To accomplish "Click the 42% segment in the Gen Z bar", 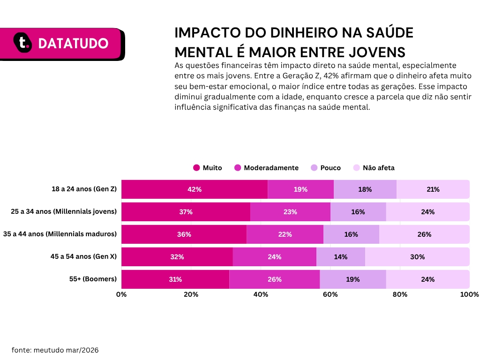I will click(195, 189).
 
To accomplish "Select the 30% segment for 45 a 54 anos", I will click(417, 257).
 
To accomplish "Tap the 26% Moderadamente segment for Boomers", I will click(274, 279).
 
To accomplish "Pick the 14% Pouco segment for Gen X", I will click(341, 257).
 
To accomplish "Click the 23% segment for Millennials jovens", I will click(290, 212).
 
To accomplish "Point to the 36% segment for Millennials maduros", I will click(184, 234).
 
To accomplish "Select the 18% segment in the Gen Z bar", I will click(365, 189).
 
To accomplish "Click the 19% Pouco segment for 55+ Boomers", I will click(352, 279).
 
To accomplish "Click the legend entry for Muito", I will click(208, 168).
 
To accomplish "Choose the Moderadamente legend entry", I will click(266, 168).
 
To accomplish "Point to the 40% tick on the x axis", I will click(261, 294).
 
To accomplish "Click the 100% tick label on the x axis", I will click(469, 294).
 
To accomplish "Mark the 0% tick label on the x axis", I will click(121, 294).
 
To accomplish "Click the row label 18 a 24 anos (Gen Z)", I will click(84, 189).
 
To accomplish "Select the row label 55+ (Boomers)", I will click(92, 279).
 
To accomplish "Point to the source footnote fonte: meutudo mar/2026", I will click(55, 350).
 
